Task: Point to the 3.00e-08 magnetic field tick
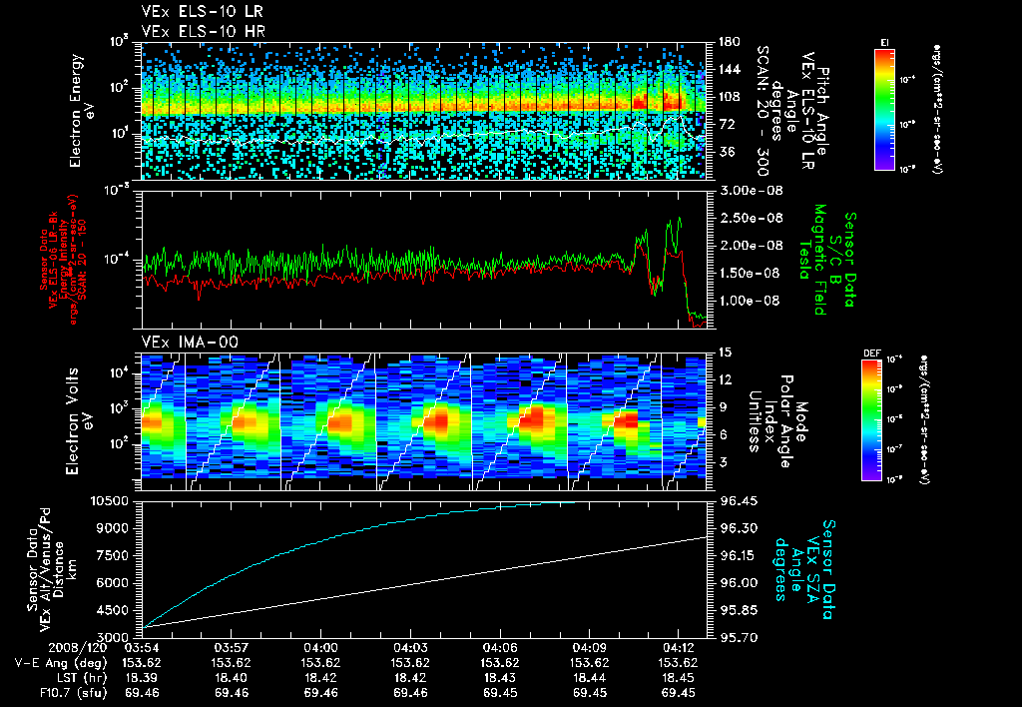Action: (747, 190)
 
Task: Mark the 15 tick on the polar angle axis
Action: (724, 352)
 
